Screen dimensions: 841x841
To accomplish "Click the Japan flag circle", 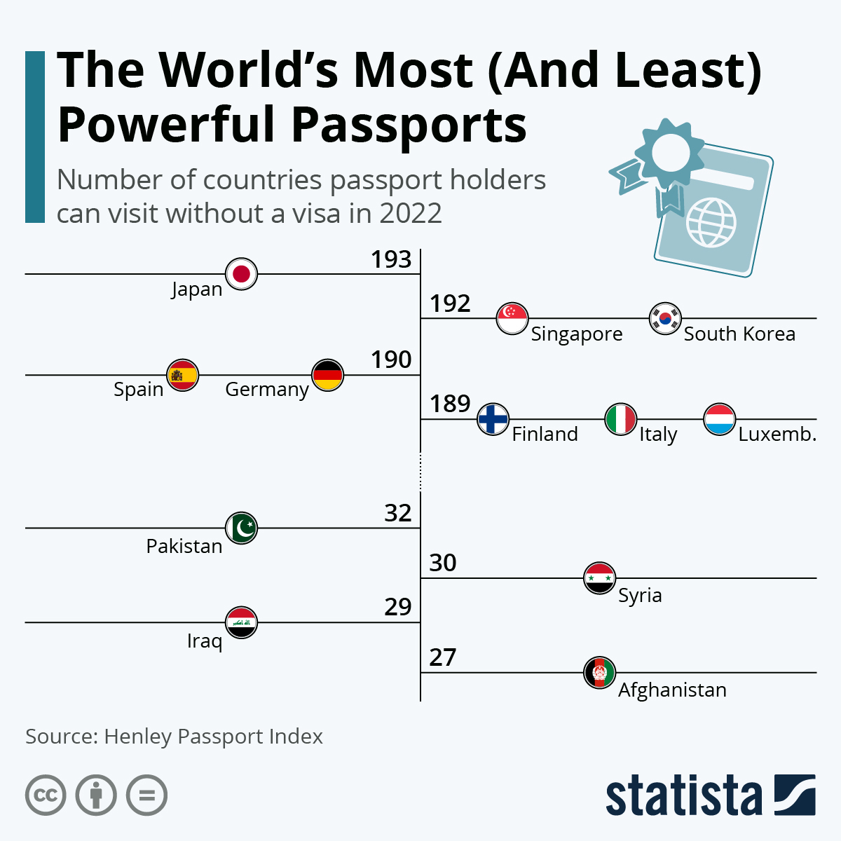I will pos(242,273).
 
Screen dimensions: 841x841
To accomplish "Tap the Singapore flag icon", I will pos(512,318).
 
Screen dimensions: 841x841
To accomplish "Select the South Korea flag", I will pos(665,318).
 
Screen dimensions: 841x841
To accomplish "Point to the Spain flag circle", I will pos(183,375).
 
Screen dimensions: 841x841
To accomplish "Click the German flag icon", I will pos(327,375).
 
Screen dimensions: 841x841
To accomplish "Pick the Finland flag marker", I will pos(493,419).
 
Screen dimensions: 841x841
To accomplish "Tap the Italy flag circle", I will pos(620,419).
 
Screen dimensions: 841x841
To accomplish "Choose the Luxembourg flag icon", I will pos(719,419).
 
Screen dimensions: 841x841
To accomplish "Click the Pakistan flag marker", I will pos(242,528).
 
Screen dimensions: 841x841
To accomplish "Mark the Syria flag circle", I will pos(599,578).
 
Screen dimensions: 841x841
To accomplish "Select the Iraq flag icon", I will pos(242,622).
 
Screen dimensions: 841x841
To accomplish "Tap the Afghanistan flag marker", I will pos(599,673).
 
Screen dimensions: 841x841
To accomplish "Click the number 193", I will pos(391,260).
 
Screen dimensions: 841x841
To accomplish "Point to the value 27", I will pos(443,657).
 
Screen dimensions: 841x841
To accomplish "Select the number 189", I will pos(450,404).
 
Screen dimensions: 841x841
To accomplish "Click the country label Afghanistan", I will pos(672,690).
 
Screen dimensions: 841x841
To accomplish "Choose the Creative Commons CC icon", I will pos(46,795).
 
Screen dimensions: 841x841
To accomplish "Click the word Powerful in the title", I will pos(168,125).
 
